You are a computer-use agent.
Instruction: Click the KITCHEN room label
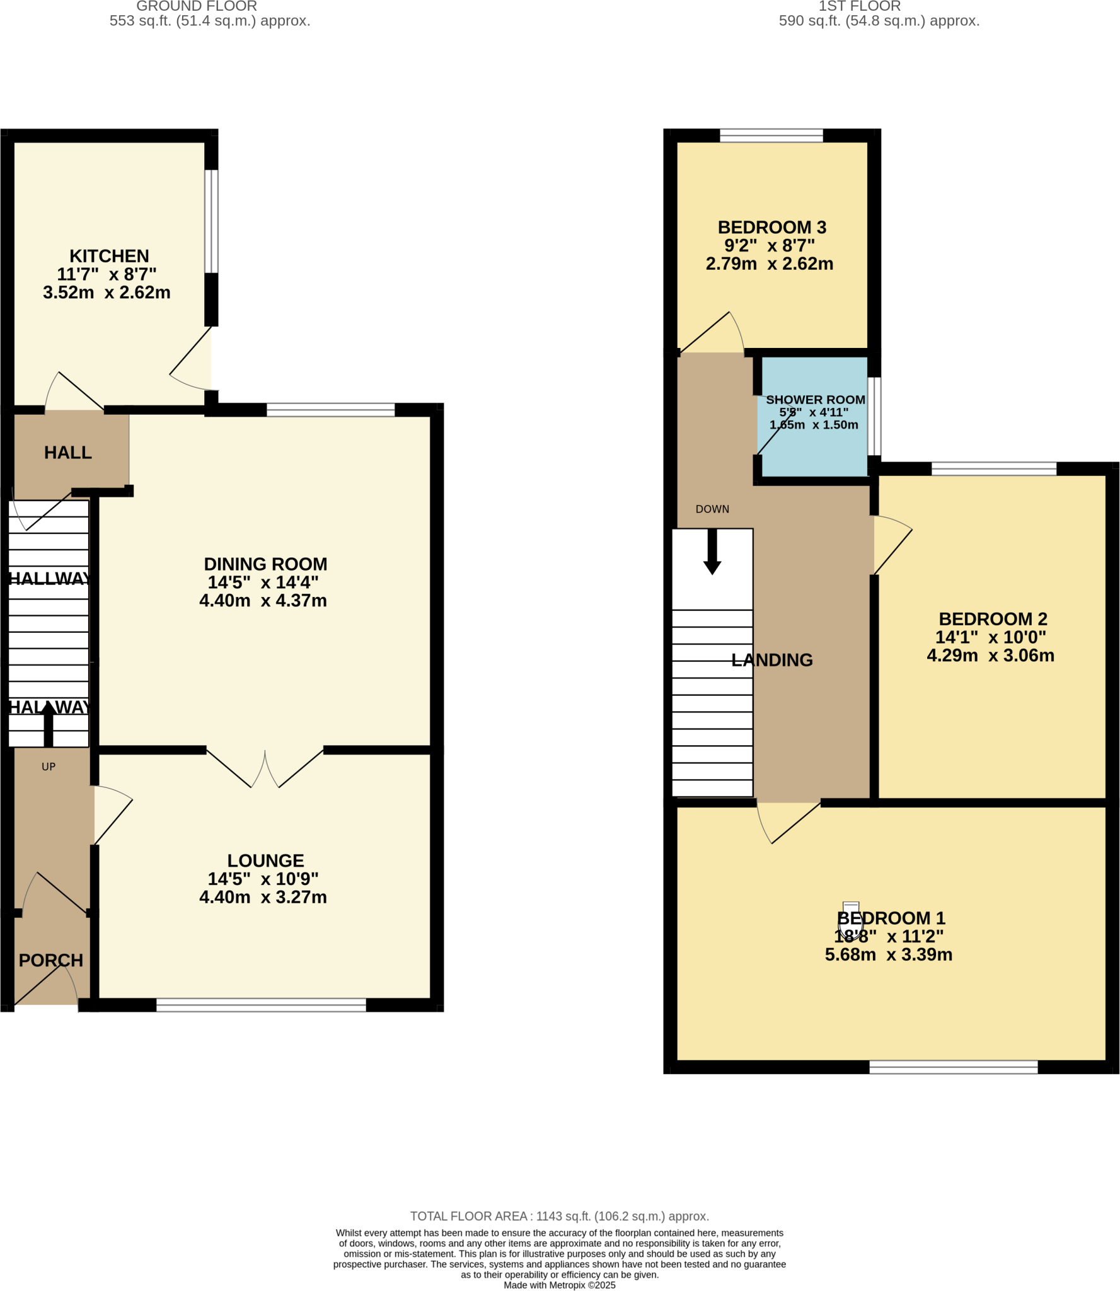[x=109, y=256]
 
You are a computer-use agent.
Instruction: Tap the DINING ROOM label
[x=265, y=564]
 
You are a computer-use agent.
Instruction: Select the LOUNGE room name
[x=265, y=860]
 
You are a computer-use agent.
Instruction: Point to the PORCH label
[x=51, y=960]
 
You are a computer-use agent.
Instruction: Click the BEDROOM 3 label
[x=771, y=227]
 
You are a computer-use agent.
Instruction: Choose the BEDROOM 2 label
[x=993, y=618]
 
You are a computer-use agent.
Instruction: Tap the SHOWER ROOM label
[x=815, y=400]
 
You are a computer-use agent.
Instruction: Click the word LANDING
[x=771, y=660]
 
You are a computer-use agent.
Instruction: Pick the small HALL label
[x=68, y=452]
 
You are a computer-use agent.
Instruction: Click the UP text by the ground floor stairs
[x=49, y=767]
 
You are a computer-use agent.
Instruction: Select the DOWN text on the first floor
[x=712, y=509]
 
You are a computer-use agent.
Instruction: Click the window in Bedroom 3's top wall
[x=771, y=136]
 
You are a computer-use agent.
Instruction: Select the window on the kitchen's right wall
[x=212, y=221]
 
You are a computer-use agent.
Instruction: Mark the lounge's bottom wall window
[x=261, y=1005]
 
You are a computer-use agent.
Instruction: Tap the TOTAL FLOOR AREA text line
[x=559, y=1216]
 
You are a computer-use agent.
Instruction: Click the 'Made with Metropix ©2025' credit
[x=559, y=1285]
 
